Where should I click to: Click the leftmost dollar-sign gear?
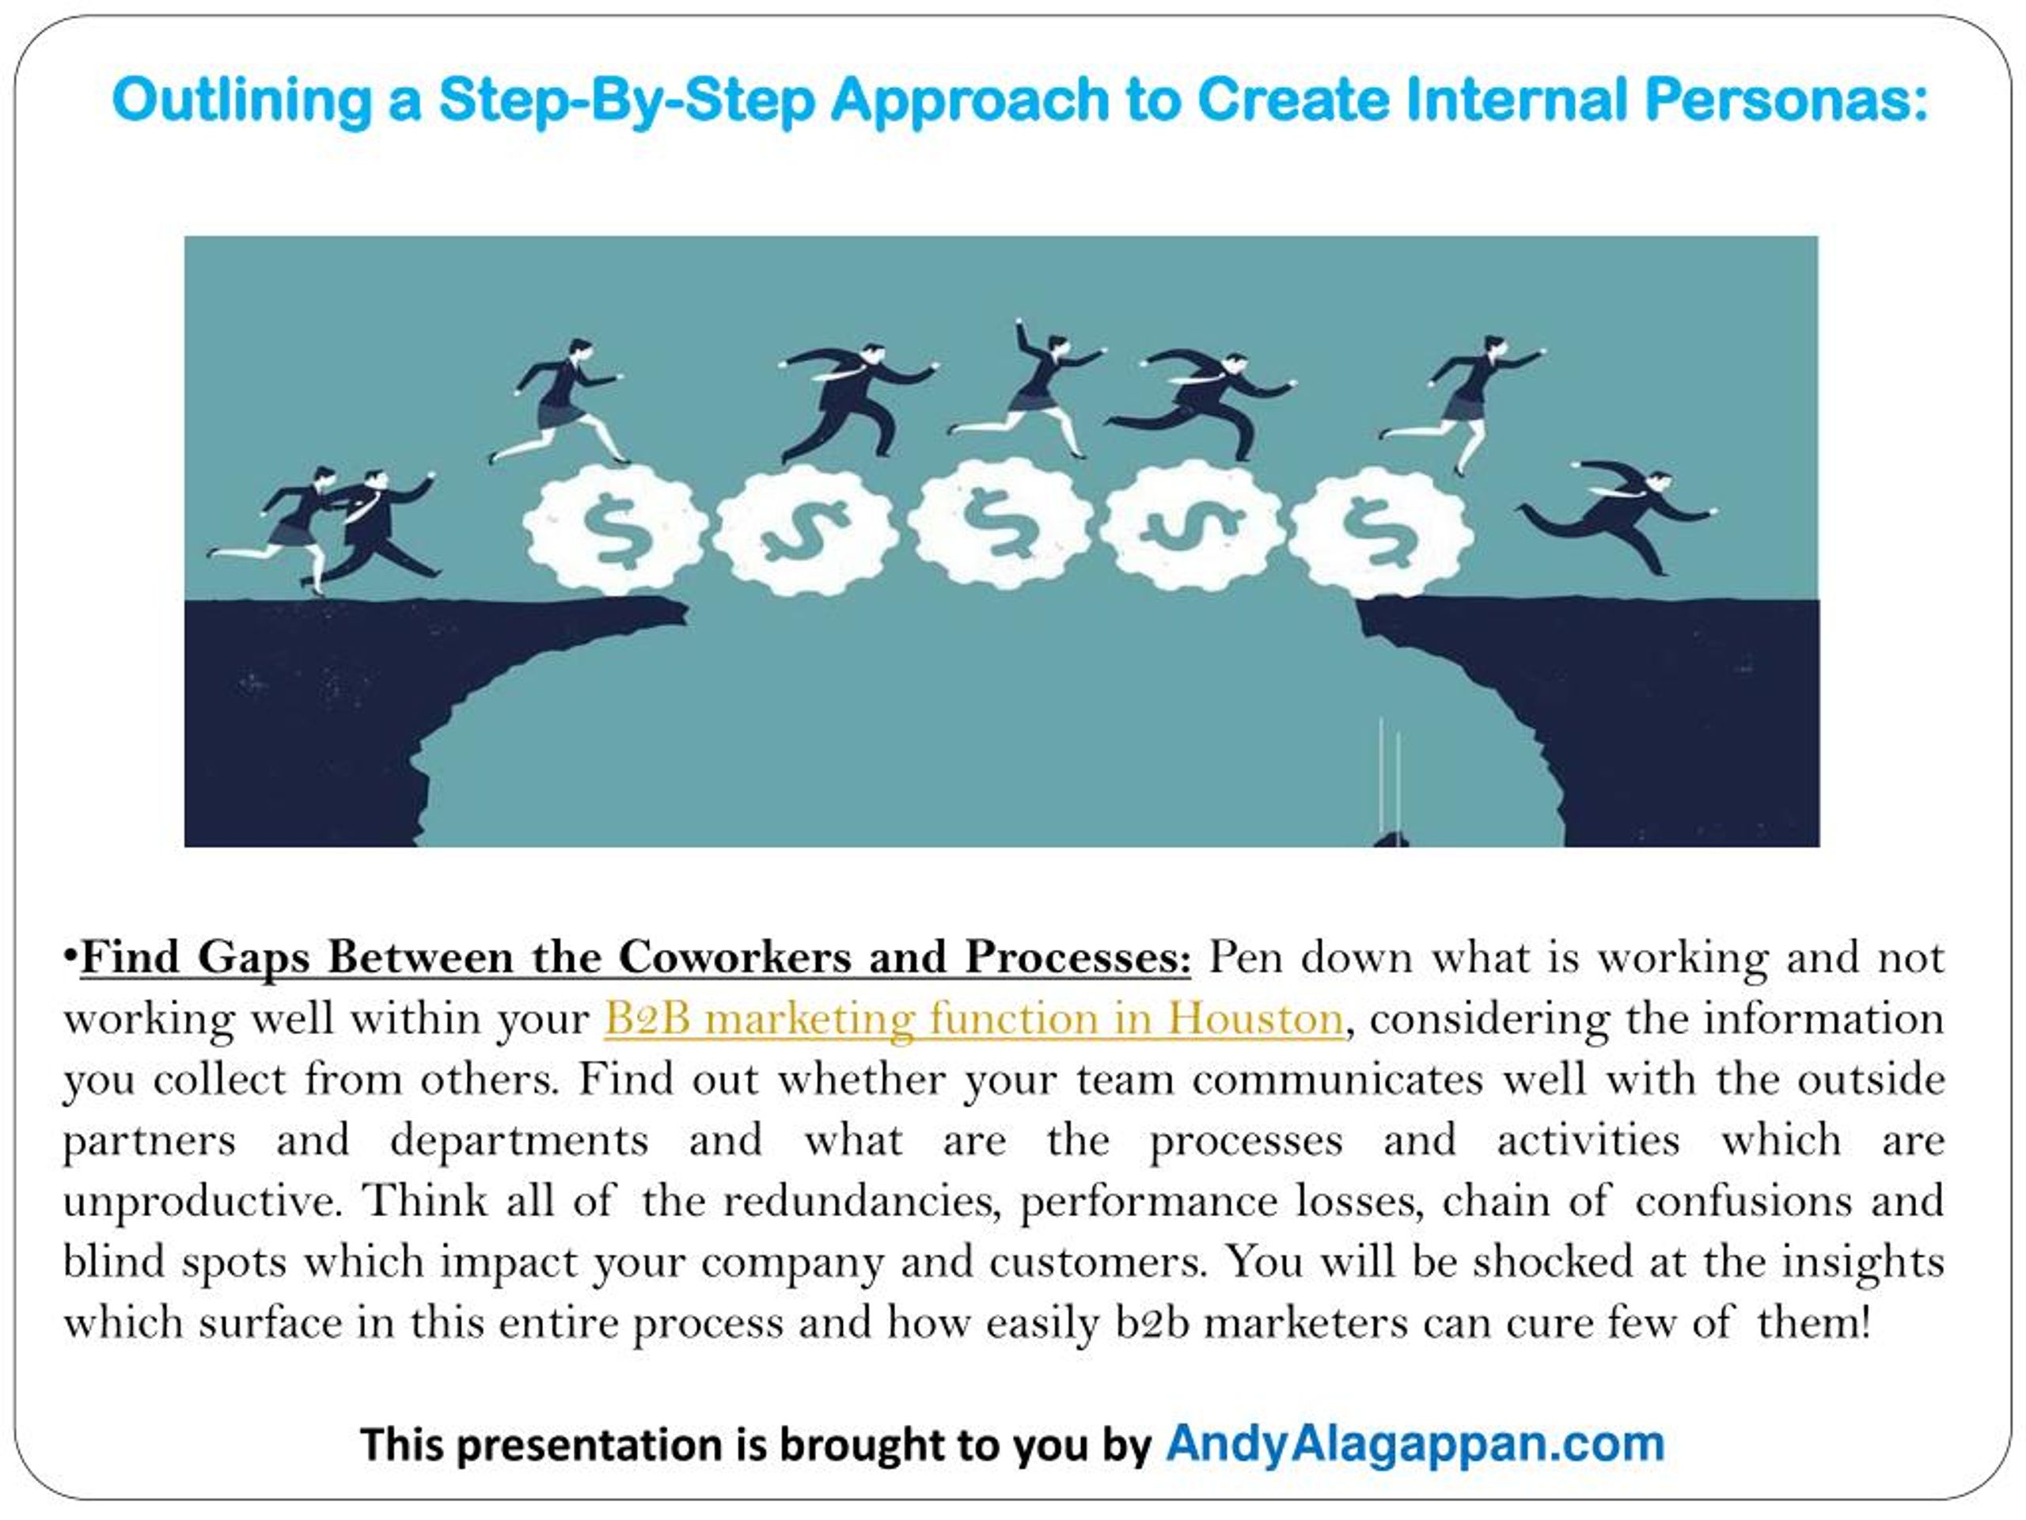616,531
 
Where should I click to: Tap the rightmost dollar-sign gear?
1382,531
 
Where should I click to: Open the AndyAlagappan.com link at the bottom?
1415,1444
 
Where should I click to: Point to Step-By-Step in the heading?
627,101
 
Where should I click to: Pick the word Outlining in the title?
242,101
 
